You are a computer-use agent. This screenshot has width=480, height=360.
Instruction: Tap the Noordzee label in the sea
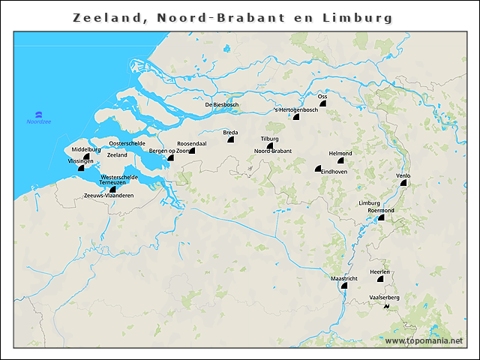(x=38, y=121)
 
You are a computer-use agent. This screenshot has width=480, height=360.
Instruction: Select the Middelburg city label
(x=85, y=149)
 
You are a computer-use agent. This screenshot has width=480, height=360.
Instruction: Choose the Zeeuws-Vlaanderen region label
(x=109, y=196)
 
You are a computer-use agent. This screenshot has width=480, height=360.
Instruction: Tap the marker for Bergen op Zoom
(x=171, y=158)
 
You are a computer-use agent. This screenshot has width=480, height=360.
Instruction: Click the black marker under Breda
(x=229, y=140)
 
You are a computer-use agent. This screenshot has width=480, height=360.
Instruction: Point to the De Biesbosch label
(x=222, y=104)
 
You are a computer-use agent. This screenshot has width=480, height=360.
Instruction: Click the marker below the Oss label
(x=323, y=104)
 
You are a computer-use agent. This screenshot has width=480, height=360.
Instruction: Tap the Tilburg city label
(x=270, y=139)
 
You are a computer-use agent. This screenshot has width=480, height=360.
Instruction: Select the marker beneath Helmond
(x=340, y=160)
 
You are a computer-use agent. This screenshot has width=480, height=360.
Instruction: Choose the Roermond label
(x=381, y=211)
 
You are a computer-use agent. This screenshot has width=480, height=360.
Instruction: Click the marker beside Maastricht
(x=344, y=285)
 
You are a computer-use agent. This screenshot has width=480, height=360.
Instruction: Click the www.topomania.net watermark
(x=424, y=341)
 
